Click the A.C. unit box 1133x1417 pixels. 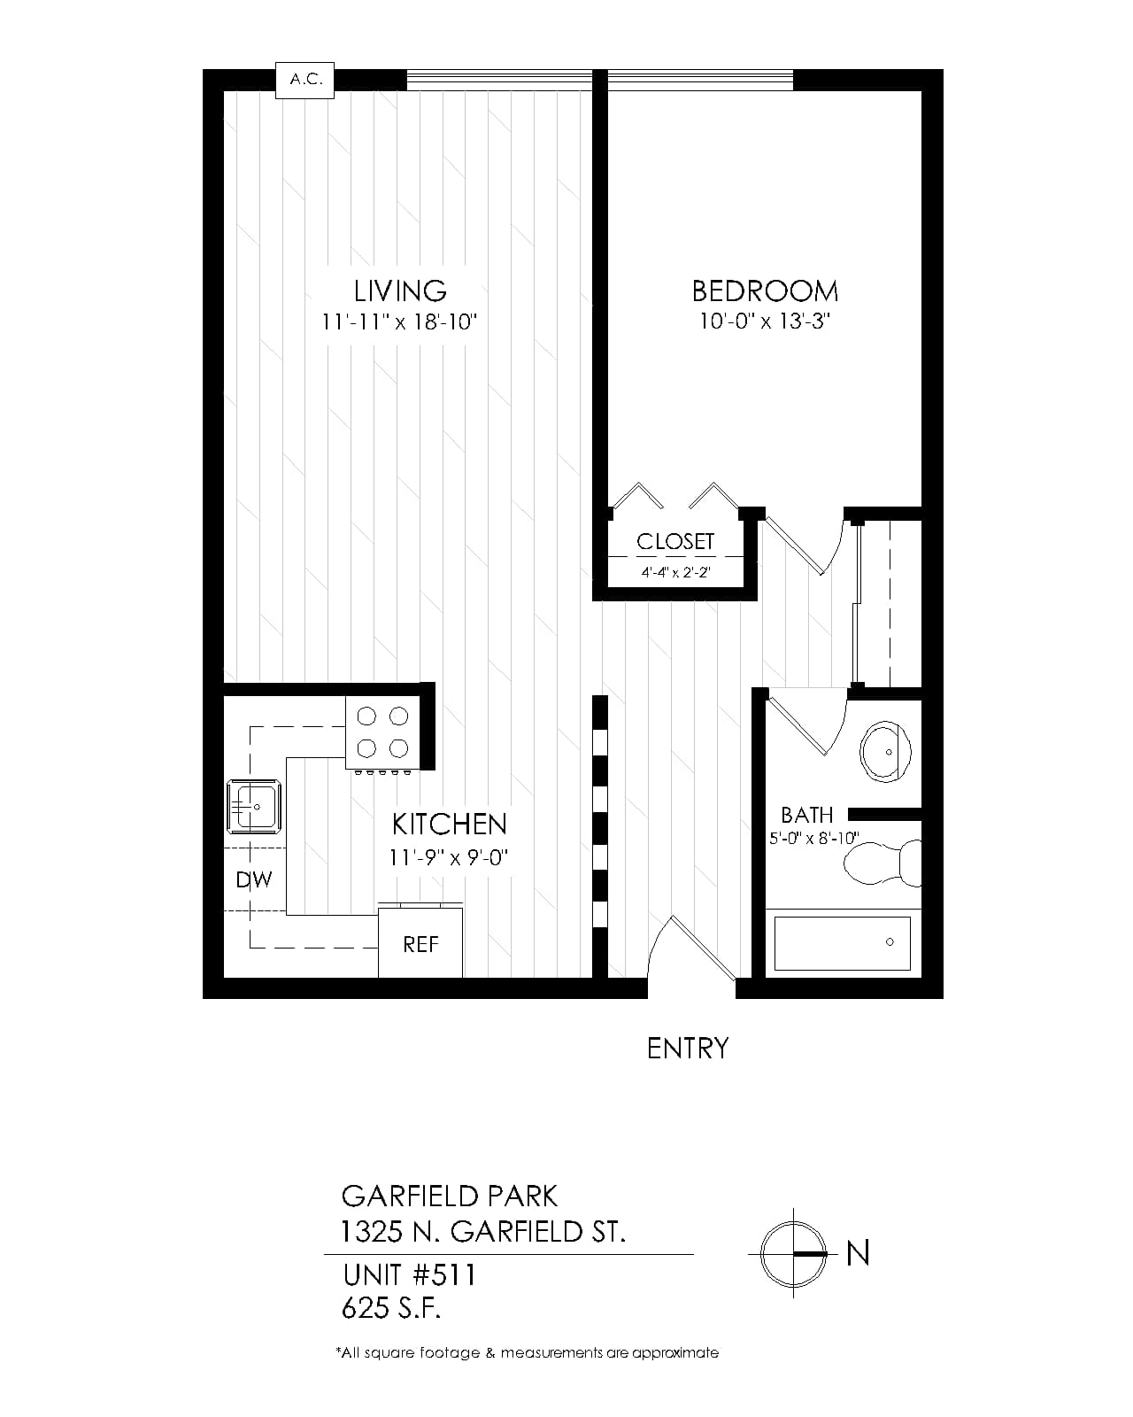click(304, 81)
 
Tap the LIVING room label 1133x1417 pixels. click(400, 291)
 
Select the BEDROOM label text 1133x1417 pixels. click(764, 291)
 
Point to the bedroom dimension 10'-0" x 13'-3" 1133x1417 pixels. click(764, 321)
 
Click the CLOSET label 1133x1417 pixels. click(674, 541)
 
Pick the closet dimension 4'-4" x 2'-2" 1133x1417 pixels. click(676, 572)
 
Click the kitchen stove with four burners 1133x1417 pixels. click(382, 732)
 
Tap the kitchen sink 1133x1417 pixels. click(254, 806)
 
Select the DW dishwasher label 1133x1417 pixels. click(254, 879)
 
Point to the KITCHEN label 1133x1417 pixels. click(449, 824)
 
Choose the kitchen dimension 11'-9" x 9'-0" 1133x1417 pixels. click(449, 857)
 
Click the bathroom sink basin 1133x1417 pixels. click(885, 752)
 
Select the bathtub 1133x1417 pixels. click(842, 943)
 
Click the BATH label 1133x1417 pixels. click(806, 815)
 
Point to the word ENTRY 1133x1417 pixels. click(688, 1049)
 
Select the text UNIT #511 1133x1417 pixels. click(409, 1275)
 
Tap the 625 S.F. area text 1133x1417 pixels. click(391, 1308)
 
